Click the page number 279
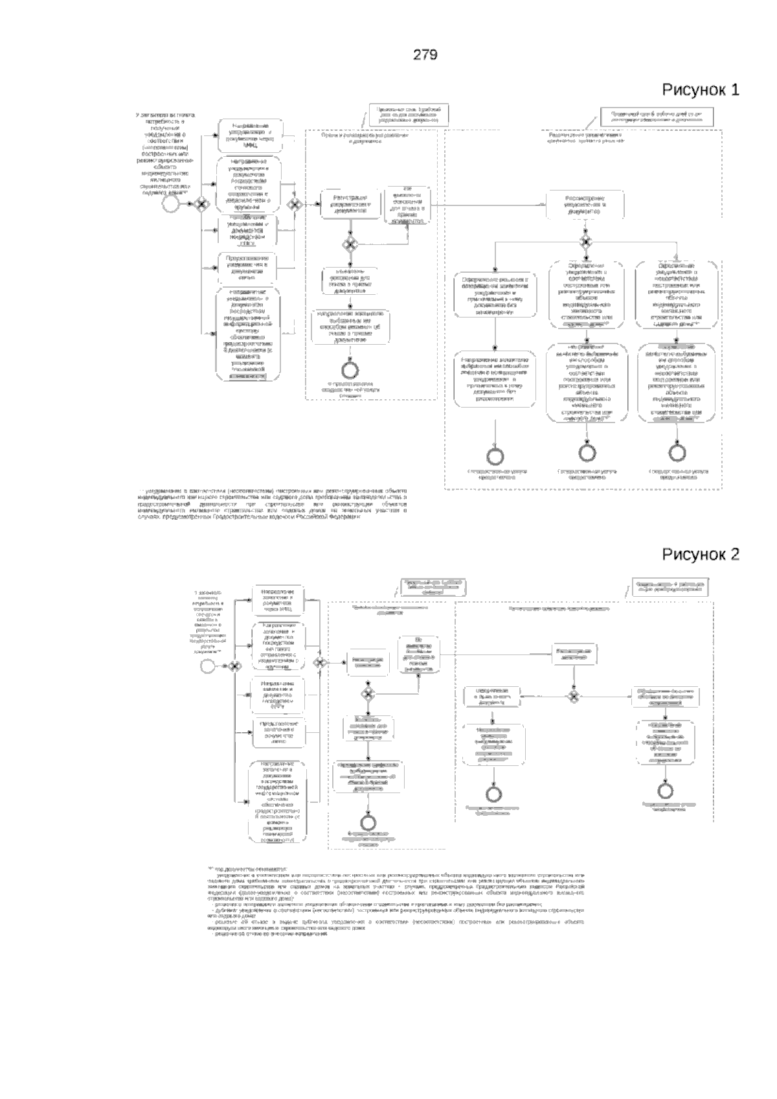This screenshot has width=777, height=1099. tap(425, 55)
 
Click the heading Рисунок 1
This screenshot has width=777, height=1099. tap(700, 89)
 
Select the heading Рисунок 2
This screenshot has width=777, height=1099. tap(700, 554)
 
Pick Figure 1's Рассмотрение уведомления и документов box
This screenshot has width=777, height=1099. tap(585, 203)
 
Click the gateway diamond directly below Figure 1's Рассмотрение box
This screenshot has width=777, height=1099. tap(585, 242)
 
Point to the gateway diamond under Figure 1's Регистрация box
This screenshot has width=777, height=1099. tap(350, 244)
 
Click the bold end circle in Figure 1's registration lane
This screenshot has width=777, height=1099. tap(350, 368)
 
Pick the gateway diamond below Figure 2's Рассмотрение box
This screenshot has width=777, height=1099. tap(573, 695)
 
